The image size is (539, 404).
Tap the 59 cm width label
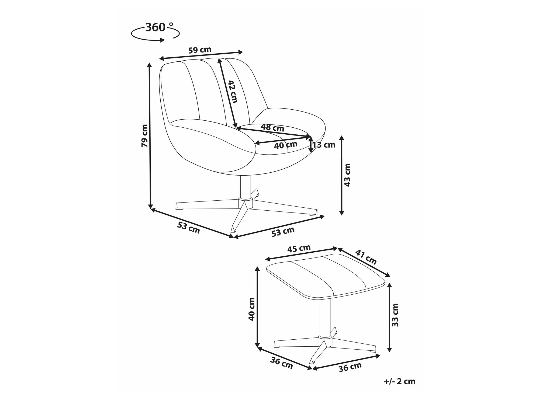click(200, 50)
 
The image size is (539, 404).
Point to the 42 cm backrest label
click(232, 92)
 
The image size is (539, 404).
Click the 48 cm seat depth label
click(272, 127)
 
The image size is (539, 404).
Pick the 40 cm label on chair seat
click(286, 145)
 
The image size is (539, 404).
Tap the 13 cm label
click(324, 145)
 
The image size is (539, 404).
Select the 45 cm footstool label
click(299, 248)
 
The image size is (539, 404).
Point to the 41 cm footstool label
click(366, 257)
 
